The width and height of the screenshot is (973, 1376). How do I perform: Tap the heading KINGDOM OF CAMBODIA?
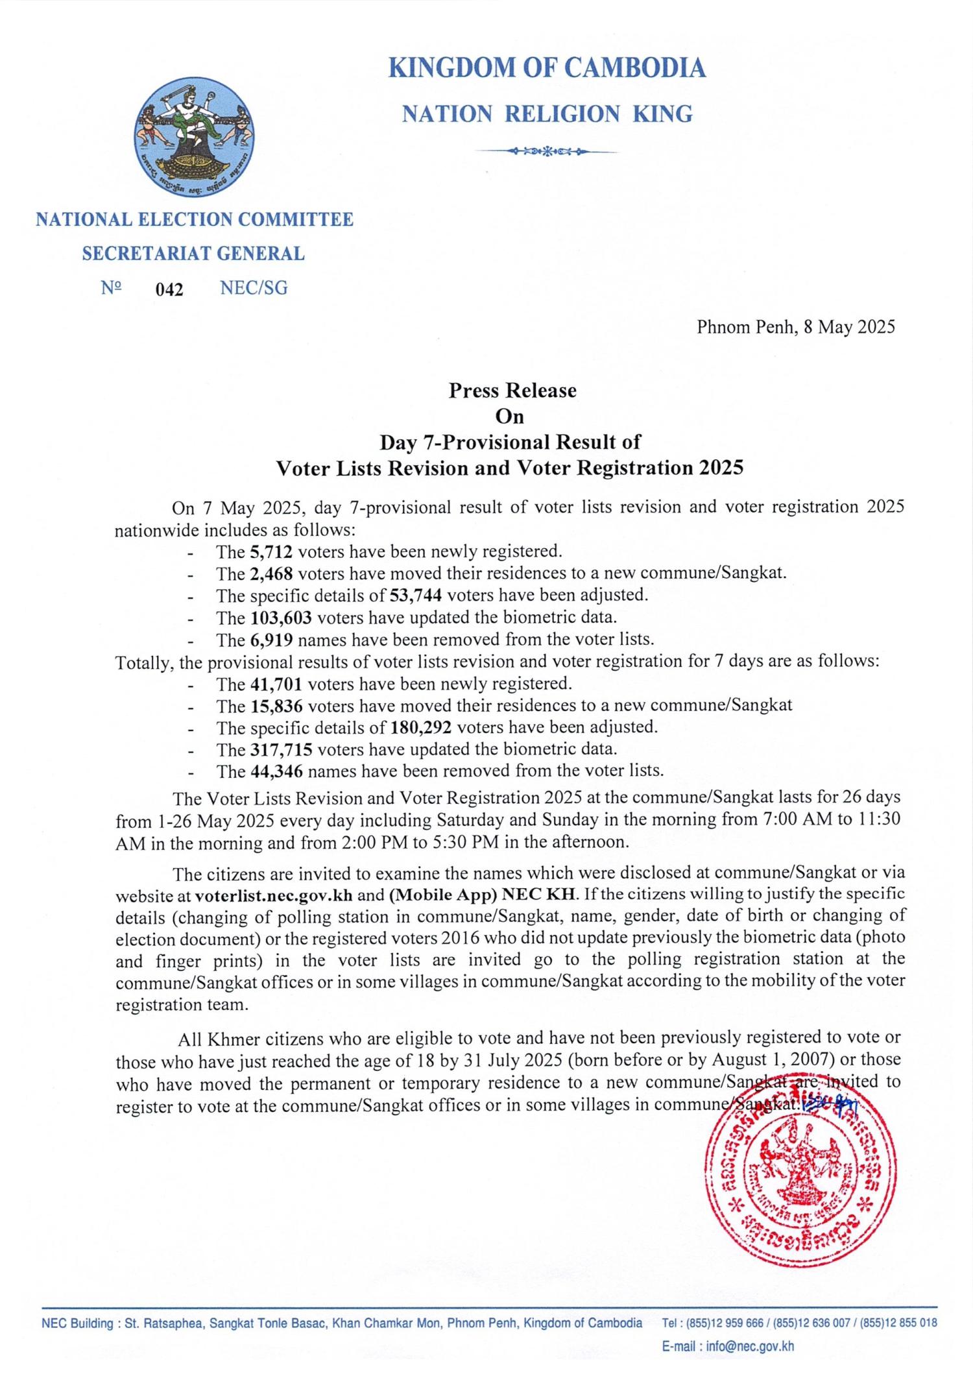547,68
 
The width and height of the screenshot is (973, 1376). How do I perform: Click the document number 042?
169,289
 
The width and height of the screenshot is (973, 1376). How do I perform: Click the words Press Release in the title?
512,391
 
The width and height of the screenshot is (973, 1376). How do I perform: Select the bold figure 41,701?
276,684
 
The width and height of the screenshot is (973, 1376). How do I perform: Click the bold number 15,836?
276,705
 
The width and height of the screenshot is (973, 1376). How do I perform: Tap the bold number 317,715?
281,750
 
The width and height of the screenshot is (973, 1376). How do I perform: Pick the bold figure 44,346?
276,771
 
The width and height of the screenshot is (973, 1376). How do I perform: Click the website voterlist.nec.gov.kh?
273,896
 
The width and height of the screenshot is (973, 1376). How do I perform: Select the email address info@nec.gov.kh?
750,1346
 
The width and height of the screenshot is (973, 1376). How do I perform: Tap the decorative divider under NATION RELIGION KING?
547,151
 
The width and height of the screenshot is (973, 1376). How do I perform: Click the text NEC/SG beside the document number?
254,288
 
